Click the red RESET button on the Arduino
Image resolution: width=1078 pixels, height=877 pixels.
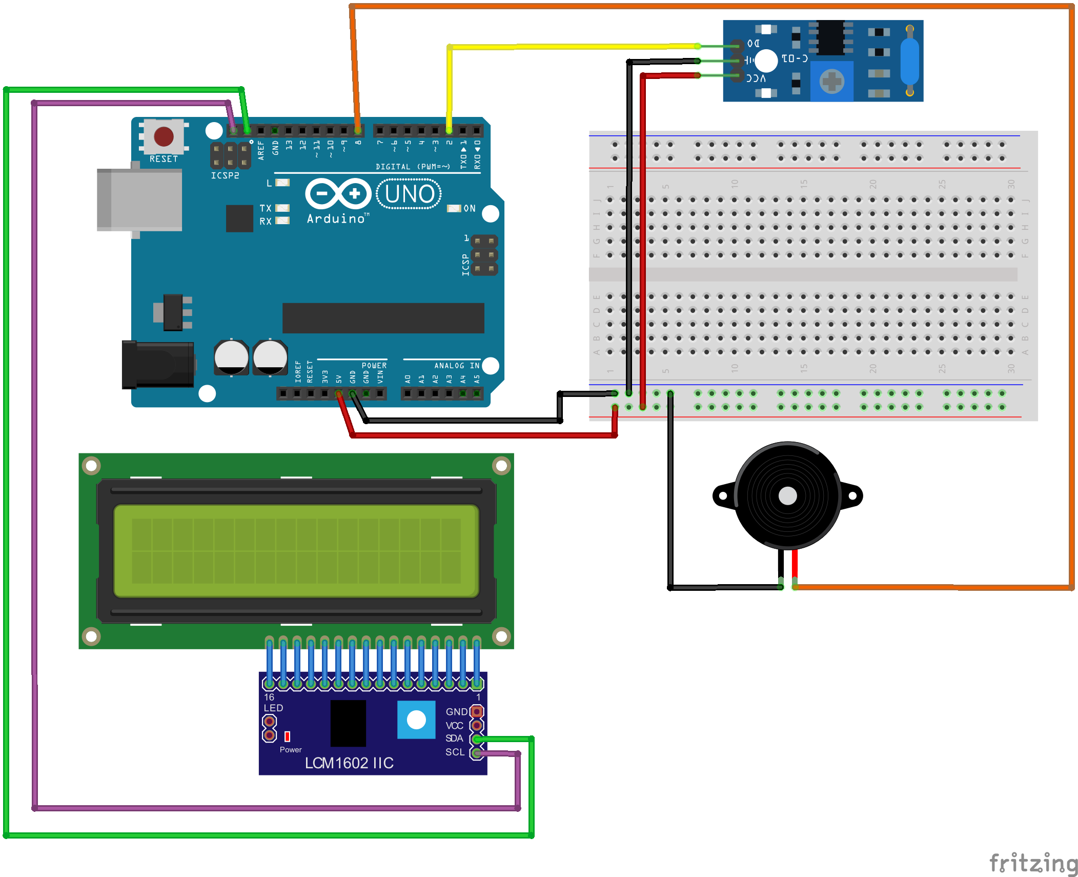tap(164, 137)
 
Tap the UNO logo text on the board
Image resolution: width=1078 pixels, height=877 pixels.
tap(409, 194)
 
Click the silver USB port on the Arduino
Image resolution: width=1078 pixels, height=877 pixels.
tap(139, 200)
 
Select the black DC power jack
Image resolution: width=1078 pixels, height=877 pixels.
tap(157, 364)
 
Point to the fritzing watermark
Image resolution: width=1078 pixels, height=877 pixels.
tap(1032, 863)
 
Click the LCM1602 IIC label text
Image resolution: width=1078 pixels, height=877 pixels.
tap(349, 763)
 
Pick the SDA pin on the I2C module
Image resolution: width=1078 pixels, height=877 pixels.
tap(477, 739)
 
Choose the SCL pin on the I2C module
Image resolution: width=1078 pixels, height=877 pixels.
tap(477, 753)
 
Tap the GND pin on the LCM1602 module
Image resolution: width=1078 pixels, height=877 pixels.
tap(477, 712)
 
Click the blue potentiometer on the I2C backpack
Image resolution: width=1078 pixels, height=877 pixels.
tap(416, 720)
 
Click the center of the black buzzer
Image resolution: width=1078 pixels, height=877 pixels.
tap(787, 496)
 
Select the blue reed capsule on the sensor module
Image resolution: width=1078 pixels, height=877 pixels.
tap(909, 61)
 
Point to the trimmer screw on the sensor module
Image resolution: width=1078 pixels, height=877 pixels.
tap(831, 81)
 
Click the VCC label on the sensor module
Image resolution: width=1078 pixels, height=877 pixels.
tap(756, 78)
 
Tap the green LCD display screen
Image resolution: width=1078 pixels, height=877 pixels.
tap(296, 551)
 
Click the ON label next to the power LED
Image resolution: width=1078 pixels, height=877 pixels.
tap(470, 209)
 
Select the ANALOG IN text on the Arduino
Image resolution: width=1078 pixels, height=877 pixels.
tap(457, 366)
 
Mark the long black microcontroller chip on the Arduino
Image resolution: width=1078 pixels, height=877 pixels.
tap(383, 318)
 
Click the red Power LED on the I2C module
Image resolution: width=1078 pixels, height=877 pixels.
tap(287, 736)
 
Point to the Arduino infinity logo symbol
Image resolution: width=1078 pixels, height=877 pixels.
tap(338, 194)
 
